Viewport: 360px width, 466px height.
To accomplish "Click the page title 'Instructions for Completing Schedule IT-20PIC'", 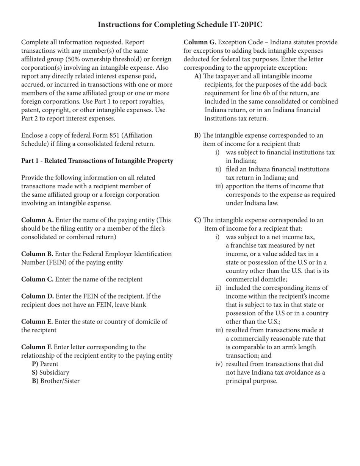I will pos(180,25).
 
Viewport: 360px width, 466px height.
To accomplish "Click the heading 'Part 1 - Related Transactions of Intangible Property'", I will pos(97,161).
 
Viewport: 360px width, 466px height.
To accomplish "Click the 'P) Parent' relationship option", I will pos(45,364).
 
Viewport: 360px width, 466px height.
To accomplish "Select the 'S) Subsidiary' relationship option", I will pos(50,373).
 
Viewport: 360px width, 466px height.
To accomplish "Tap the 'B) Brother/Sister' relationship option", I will pos(56,381).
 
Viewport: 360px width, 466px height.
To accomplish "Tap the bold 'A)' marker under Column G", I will pos(198,76).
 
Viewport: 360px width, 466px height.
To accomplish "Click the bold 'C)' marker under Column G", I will pos(198,220).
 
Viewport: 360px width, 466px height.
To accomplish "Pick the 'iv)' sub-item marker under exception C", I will pos(219,364).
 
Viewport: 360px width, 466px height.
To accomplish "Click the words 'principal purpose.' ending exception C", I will pos(251,381).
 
